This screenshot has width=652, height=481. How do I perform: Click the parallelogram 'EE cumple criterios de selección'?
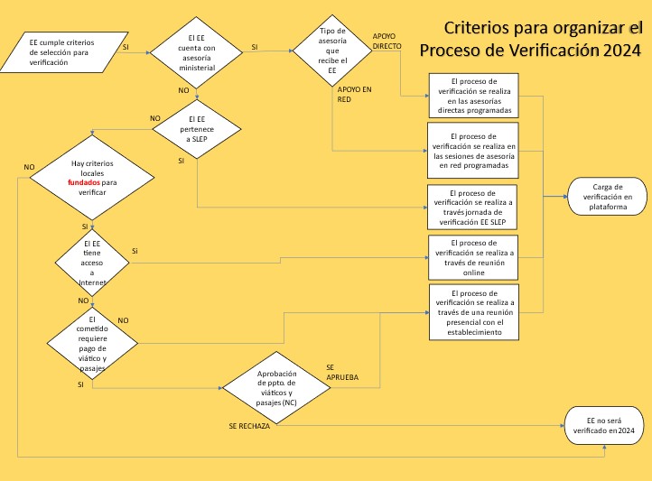(63, 52)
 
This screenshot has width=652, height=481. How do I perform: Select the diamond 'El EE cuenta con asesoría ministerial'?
(196, 52)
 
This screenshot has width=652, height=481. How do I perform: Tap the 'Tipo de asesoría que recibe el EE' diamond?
(332, 51)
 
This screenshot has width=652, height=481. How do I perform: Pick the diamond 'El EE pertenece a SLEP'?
(197, 129)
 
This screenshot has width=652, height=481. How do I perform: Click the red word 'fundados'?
(84, 182)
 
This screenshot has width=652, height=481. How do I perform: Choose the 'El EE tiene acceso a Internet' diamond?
(92, 263)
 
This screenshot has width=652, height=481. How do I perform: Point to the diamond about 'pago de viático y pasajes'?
(92, 344)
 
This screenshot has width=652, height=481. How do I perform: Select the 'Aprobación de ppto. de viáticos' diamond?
(276, 387)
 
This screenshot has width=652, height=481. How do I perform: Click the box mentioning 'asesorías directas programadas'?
(473, 96)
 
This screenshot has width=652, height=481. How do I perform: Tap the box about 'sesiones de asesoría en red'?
(473, 151)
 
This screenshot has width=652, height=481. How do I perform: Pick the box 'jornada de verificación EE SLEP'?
(472, 208)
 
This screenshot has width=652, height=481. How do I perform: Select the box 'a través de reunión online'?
(473, 257)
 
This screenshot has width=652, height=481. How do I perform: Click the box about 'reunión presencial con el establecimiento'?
(474, 312)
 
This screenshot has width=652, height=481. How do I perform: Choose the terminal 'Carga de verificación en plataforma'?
(608, 197)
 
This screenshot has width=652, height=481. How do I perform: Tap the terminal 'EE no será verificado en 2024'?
(604, 425)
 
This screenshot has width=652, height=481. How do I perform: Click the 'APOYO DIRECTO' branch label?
(387, 42)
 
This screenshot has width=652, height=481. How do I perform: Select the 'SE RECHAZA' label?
(249, 426)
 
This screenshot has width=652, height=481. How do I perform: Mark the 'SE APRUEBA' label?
(342, 372)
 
